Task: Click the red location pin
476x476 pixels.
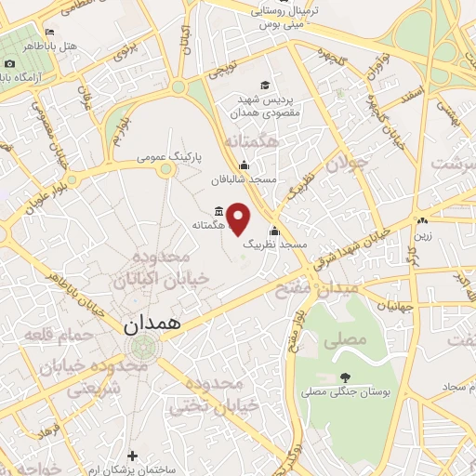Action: [x=239, y=218]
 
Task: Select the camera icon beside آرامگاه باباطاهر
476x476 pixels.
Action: [x=9, y=63]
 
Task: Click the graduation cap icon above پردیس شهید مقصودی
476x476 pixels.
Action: [x=267, y=86]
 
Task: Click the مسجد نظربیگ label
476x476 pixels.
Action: [x=275, y=244]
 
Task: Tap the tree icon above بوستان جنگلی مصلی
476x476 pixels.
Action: [x=346, y=377]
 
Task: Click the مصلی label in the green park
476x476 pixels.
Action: [x=345, y=341]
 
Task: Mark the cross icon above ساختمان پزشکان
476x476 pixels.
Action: [x=132, y=456]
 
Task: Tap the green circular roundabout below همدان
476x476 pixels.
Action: [x=143, y=348]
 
